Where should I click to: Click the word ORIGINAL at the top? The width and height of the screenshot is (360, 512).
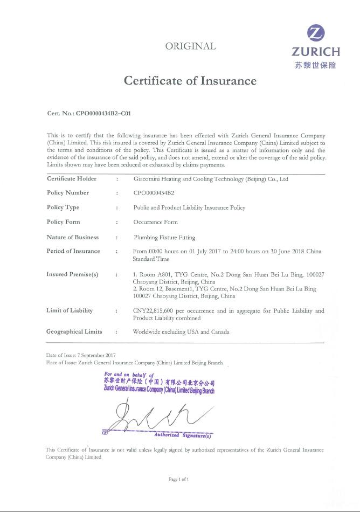[190, 46]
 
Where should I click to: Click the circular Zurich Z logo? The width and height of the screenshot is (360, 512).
[316, 34]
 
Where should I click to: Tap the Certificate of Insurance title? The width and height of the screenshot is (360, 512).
[190, 81]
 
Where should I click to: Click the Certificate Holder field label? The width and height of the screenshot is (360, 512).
[72, 178]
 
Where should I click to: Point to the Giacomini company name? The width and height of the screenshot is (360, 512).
[211, 179]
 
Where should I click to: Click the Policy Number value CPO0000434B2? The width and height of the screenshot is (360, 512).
[154, 193]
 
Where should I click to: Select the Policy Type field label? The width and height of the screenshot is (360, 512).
[63, 207]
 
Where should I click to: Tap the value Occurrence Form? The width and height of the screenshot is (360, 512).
[155, 222]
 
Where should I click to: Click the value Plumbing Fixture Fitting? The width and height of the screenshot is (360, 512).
[164, 237]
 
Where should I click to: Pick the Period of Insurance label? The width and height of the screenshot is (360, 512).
[73, 251]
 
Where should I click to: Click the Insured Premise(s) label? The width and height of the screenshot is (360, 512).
[72, 274]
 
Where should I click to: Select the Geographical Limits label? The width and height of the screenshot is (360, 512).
[74, 331]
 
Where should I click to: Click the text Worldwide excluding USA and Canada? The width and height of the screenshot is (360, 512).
[181, 332]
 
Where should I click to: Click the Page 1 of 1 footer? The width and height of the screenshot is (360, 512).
[179, 479]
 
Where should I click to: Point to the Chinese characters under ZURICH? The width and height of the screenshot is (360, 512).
[315, 65]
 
